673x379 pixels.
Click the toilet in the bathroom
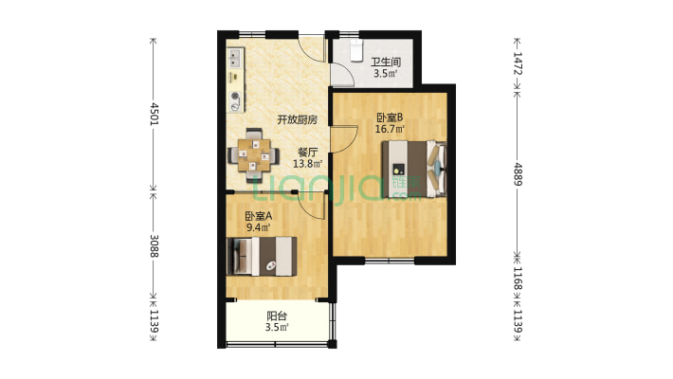coord(356,50)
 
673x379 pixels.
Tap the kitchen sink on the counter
coord(235,59)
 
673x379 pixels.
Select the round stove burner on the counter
coord(235,96)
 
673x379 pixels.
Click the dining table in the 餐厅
coord(255,155)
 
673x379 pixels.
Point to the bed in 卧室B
coord(414,169)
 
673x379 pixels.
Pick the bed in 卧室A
coord(262,256)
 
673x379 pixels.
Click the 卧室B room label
coord(390,117)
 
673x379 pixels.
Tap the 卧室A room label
coord(259,216)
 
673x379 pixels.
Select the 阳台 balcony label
coord(277,316)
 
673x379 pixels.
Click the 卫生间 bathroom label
coord(386,62)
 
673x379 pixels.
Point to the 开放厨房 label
coord(297,119)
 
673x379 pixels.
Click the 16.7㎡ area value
coord(390,129)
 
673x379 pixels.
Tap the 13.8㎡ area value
coord(307,164)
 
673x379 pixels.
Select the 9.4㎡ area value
coord(259,227)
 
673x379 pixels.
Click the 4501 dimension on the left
coord(154,114)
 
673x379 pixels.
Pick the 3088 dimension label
coord(154,246)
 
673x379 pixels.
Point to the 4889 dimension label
coord(518,174)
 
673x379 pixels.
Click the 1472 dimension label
coord(518,63)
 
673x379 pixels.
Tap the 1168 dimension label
coord(518,279)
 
